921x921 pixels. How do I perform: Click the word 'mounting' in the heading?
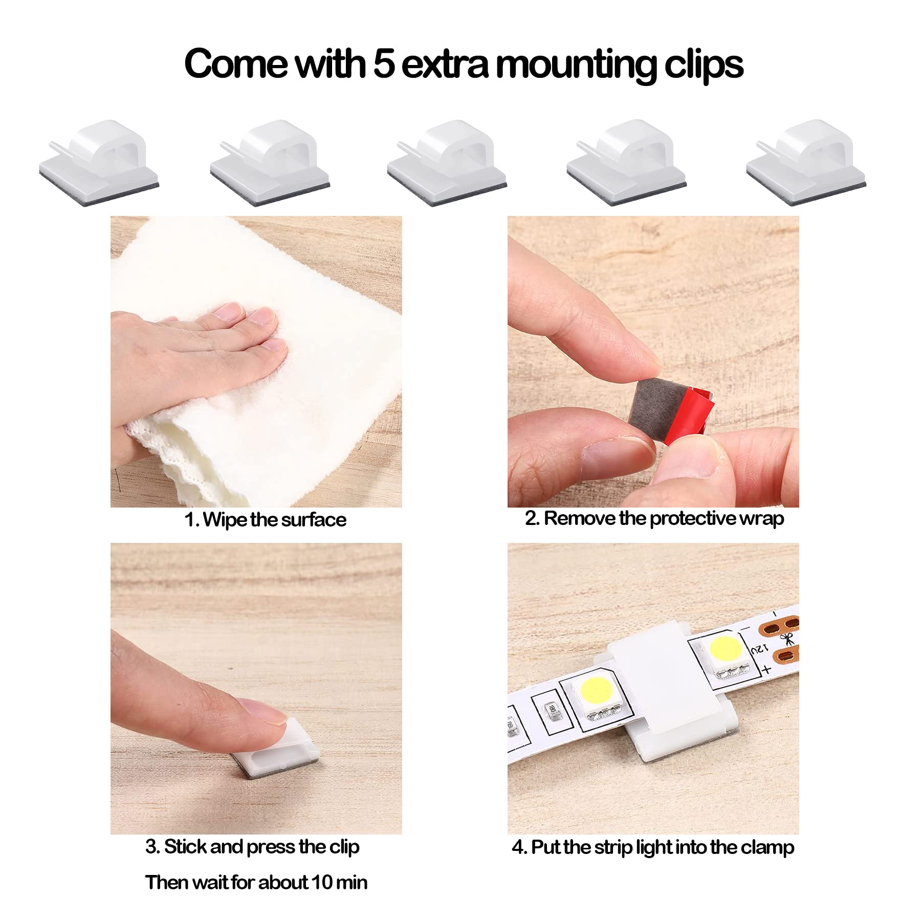[576, 66]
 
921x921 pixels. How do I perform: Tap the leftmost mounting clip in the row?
[99, 162]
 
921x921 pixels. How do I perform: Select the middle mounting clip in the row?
[447, 162]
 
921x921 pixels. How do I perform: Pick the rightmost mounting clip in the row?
[806, 162]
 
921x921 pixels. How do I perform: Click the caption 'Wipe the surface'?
[275, 520]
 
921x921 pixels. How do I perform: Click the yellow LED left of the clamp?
[597, 690]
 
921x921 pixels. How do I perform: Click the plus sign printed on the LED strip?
[766, 669]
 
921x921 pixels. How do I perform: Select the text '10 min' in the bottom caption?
[339, 882]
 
